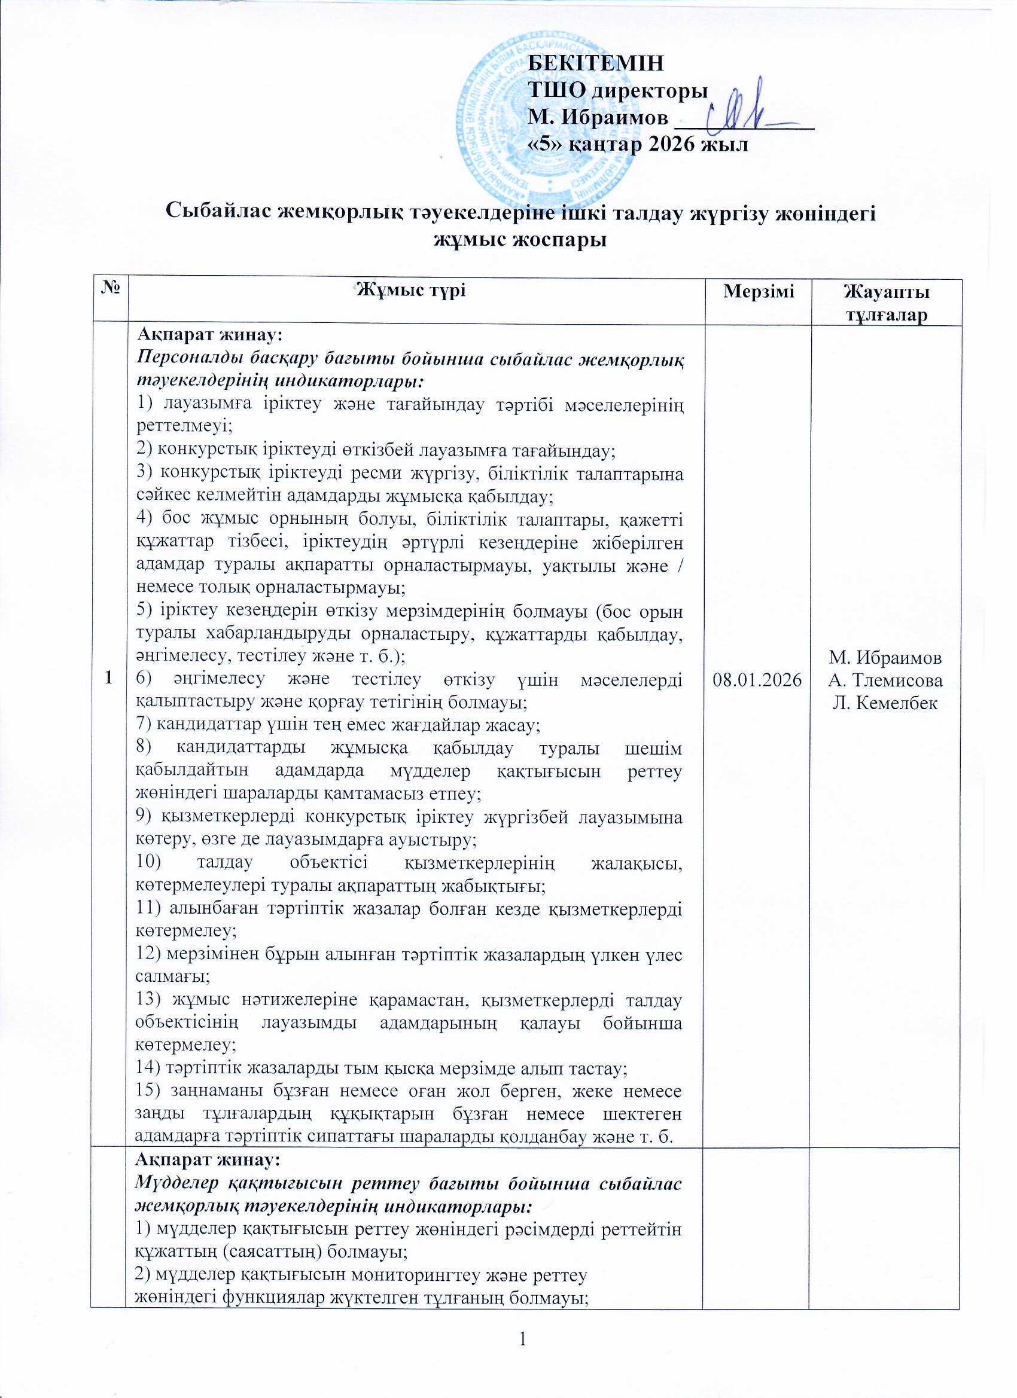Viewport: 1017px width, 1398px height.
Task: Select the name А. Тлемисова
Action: [885, 680]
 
